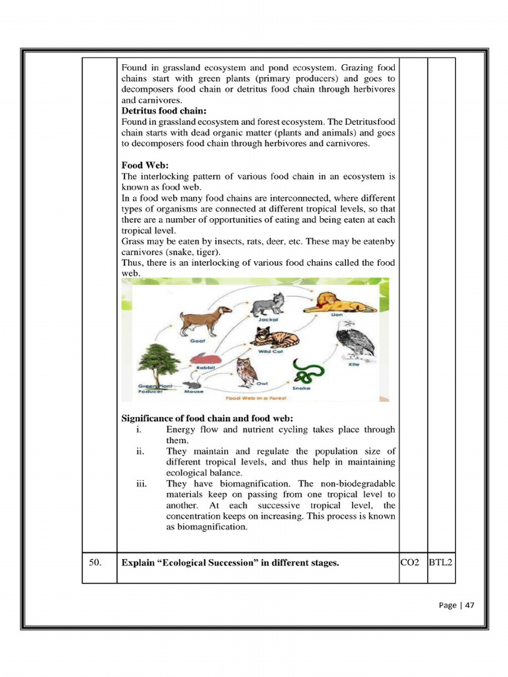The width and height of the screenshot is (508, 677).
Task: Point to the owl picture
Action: point(246,373)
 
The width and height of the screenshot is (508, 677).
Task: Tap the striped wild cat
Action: point(274,338)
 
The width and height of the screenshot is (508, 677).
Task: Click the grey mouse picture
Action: point(192,385)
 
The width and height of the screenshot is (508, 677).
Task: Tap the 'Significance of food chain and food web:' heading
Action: point(207,418)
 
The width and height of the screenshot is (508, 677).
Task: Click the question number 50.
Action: point(96,563)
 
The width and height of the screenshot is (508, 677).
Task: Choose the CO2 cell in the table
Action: point(411,563)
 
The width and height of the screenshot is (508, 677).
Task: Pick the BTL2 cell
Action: point(441,563)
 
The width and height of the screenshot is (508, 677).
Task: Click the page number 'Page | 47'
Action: point(456,605)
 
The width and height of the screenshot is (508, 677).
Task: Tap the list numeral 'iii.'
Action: point(140,484)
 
